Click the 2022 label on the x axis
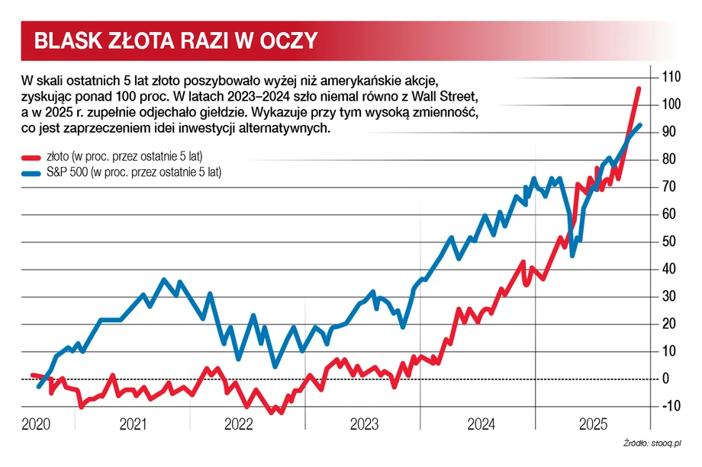[238, 424]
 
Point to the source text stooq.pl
[665, 443]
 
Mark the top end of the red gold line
[639, 89]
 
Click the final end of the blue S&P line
[639, 125]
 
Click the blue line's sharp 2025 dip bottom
[572, 254]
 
